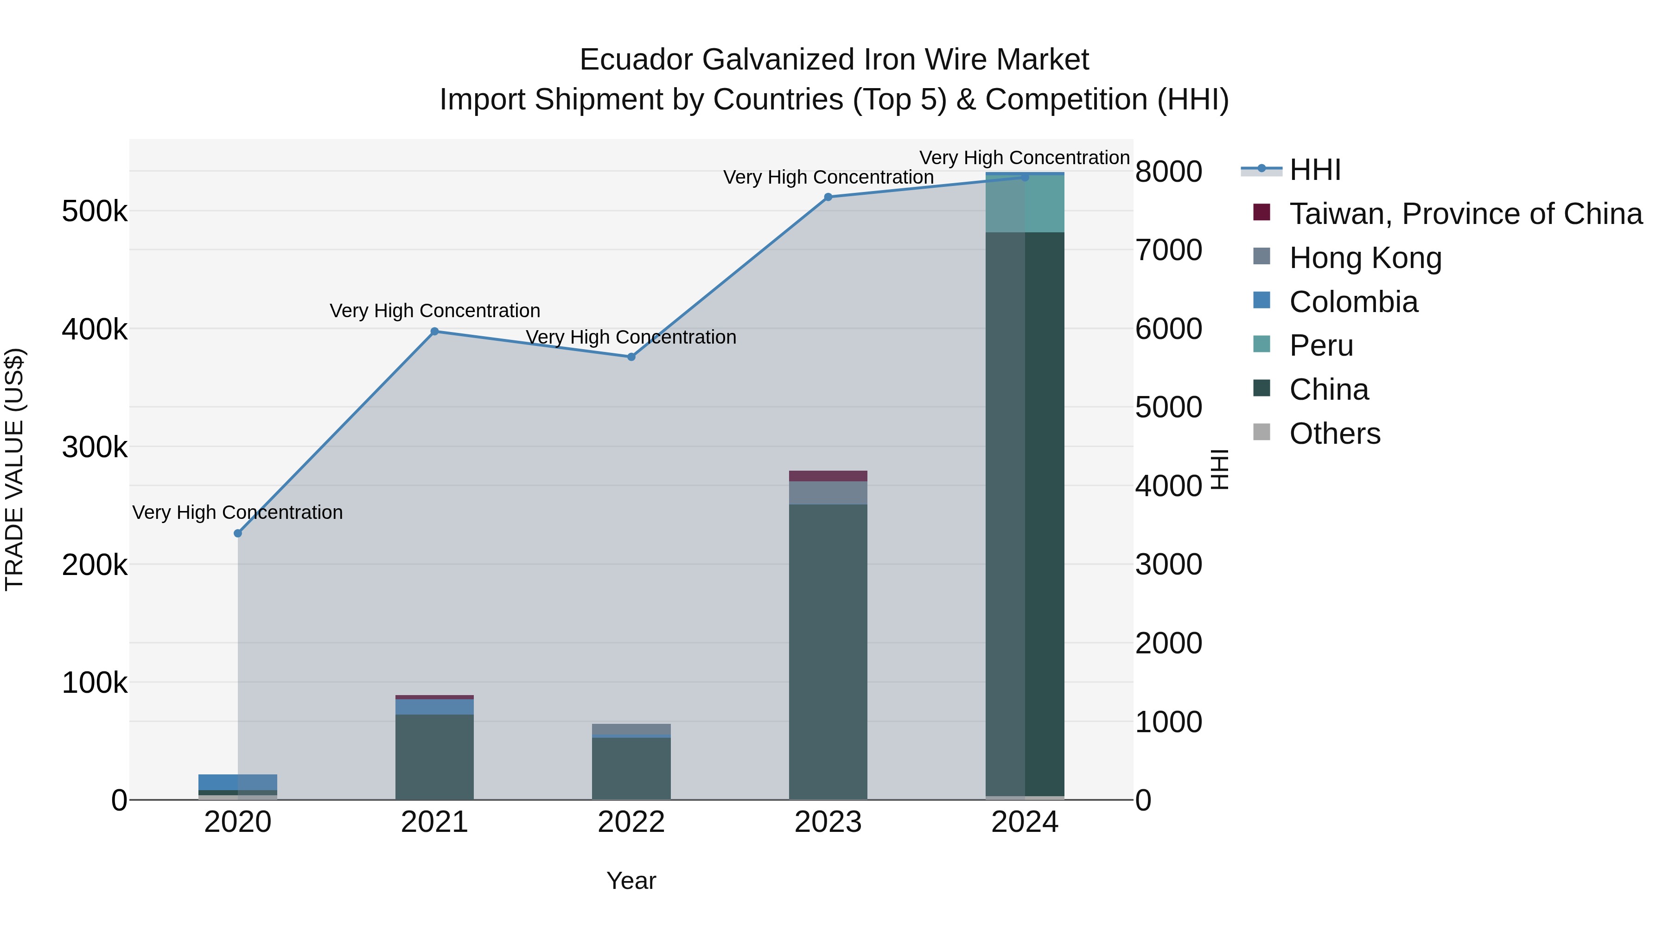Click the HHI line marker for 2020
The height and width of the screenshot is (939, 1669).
pyautogui.click(x=238, y=533)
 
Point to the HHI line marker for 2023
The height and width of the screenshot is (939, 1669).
pyautogui.click(x=828, y=197)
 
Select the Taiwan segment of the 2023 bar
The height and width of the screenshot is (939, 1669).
pyautogui.click(x=828, y=476)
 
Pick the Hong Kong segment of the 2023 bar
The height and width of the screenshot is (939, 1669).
pyautogui.click(x=828, y=492)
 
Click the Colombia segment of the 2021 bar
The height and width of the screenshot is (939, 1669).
pyautogui.click(x=435, y=706)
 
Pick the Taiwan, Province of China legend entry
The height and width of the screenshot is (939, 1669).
pyautogui.click(x=1465, y=214)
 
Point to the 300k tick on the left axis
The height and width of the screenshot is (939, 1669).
pyautogui.click(x=95, y=447)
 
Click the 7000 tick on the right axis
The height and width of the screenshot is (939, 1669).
pyautogui.click(x=1169, y=250)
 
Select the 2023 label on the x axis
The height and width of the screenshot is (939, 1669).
pyautogui.click(x=828, y=822)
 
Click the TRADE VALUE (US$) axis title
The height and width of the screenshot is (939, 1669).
pyautogui.click(x=15, y=469)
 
